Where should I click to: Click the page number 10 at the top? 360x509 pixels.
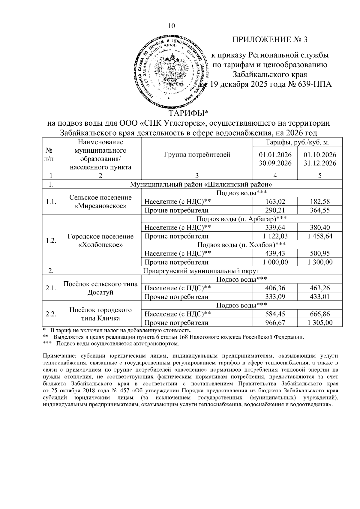click(171, 26)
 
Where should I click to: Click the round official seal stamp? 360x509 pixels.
click(171, 71)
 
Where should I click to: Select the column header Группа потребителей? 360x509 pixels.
click(197, 155)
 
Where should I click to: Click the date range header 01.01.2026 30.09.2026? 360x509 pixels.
click(275, 159)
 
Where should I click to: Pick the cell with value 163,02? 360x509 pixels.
click(275, 202)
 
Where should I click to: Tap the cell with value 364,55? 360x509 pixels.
click(320, 210)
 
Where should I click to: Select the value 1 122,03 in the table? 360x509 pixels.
click(275, 236)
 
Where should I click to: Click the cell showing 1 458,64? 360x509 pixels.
click(320, 236)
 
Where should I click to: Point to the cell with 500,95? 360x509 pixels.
click(320, 253)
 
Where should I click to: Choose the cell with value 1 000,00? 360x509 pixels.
click(275, 262)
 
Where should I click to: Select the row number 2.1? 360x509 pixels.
click(51, 288)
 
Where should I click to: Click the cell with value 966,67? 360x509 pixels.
click(275, 323)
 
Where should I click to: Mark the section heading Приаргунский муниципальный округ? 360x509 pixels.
click(201, 271)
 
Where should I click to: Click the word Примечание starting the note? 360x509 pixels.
click(57, 356)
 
